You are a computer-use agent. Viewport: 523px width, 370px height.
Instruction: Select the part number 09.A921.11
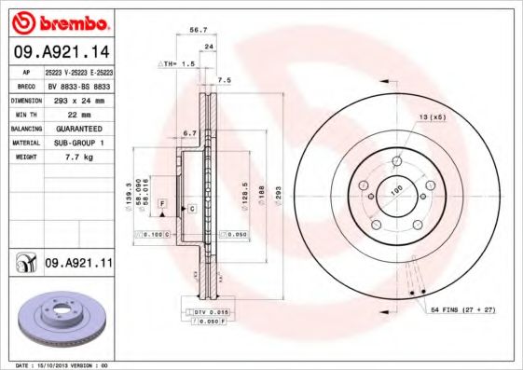pyautogui.click(x=77, y=265)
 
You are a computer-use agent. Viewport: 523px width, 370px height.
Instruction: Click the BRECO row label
pyautogui.click(x=26, y=86)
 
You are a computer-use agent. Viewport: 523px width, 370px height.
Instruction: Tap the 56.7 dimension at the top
pyautogui.click(x=199, y=30)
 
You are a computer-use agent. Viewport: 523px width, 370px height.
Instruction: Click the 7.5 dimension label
pyautogui.click(x=224, y=81)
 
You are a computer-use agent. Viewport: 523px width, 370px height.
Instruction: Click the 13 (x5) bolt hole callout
pyautogui.click(x=432, y=116)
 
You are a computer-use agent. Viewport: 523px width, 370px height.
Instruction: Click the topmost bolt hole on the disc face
pyautogui.click(x=397, y=161)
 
